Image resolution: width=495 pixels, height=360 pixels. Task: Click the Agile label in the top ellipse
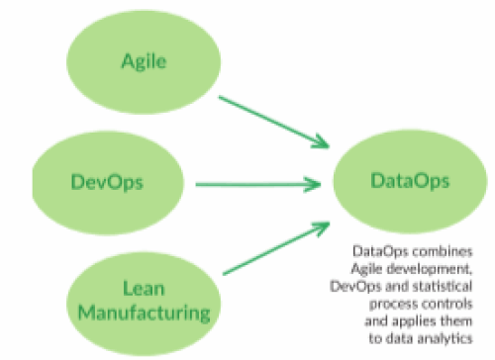pyautogui.click(x=144, y=61)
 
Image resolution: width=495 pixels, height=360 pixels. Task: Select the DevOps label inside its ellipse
pyautogui.click(x=107, y=182)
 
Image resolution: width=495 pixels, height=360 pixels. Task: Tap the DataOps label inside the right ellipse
pyautogui.click(x=410, y=181)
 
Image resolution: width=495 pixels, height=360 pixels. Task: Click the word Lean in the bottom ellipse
pyautogui.click(x=144, y=289)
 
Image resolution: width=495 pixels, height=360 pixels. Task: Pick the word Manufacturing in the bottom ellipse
pyautogui.click(x=145, y=313)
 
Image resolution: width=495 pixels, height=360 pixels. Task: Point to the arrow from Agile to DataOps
pyautogui.click(x=274, y=122)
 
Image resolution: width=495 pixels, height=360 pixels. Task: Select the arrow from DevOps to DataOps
pyautogui.click(x=258, y=185)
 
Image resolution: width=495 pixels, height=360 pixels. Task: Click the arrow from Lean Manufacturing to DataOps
pyautogui.click(x=276, y=248)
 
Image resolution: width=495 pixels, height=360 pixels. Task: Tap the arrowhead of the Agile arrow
pyautogui.click(x=322, y=141)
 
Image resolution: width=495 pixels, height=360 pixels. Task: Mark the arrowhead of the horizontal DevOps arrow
pyautogui.click(x=314, y=185)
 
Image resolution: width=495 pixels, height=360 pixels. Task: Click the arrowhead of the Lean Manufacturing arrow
pyautogui.click(x=322, y=228)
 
